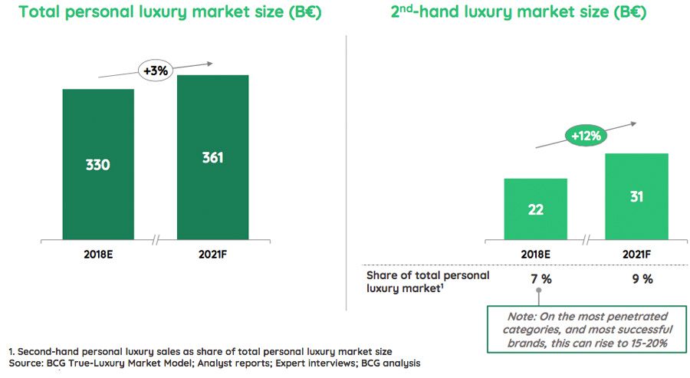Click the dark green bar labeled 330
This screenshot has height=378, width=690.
coord(98,164)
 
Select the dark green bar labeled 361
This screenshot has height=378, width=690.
coord(212,157)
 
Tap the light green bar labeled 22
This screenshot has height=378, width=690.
coord(535,209)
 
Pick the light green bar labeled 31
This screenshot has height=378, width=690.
coord(636,196)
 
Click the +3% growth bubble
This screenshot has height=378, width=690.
coord(156,71)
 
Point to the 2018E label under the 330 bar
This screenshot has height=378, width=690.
coord(98,254)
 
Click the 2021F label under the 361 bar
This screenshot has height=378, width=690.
coord(212,254)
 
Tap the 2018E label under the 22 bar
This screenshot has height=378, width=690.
coord(535,254)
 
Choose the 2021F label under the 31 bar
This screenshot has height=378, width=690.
coord(636,254)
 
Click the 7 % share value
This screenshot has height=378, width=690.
coord(541,279)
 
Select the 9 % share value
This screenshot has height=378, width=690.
coord(642,279)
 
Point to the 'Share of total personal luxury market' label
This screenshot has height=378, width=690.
coord(428,282)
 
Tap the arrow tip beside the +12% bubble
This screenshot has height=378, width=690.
coord(636,122)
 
